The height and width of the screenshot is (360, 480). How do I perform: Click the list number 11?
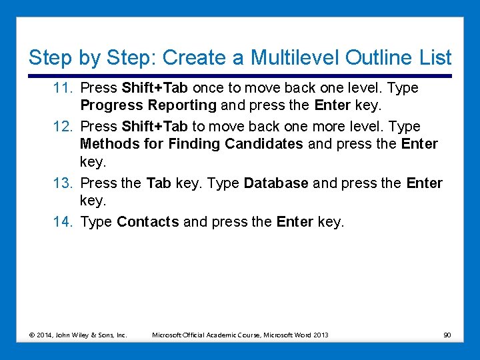click(x=64, y=88)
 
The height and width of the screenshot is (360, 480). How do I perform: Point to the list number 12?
click(x=64, y=127)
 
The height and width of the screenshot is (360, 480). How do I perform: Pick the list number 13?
click(x=64, y=183)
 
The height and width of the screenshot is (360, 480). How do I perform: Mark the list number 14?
click(x=64, y=222)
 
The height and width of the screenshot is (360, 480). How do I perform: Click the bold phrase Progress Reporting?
click(x=148, y=105)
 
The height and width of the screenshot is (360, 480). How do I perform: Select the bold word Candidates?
click(x=263, y=144)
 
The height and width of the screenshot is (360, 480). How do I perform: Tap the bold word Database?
click(x=276, y=183)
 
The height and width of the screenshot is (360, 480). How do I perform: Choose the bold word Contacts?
click(x=147, y=222)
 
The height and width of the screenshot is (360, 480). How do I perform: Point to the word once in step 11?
click(x=208, y=88)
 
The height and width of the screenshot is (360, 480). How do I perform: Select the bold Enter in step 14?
click(x=294, y=222)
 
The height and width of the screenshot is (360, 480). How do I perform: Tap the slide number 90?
click(x=447, y=335)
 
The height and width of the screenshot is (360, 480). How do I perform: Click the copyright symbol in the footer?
click(x=32, y=335)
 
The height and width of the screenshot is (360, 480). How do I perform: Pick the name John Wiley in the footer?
click(x=70, y=335)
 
